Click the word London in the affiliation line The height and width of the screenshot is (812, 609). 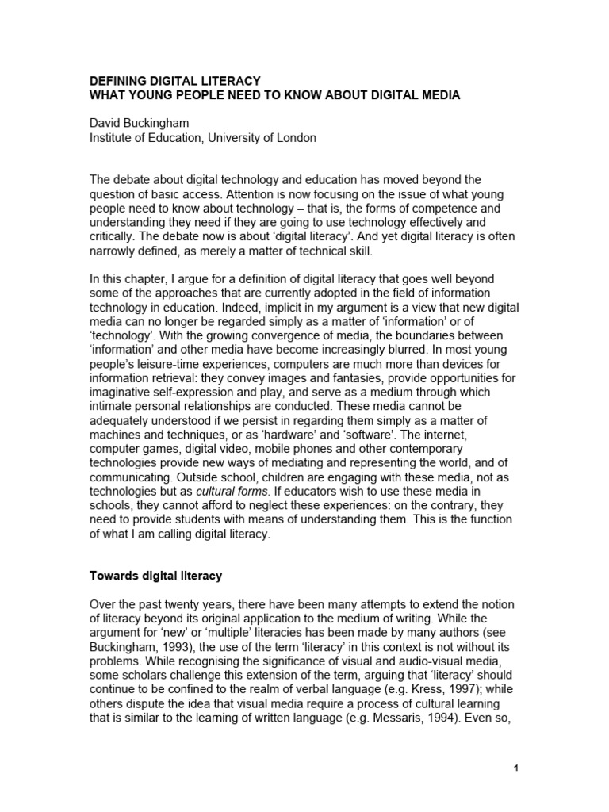pyautogui.click(x=297, y=138)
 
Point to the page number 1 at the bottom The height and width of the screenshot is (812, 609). pyautogui.click(x=515, y=767)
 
